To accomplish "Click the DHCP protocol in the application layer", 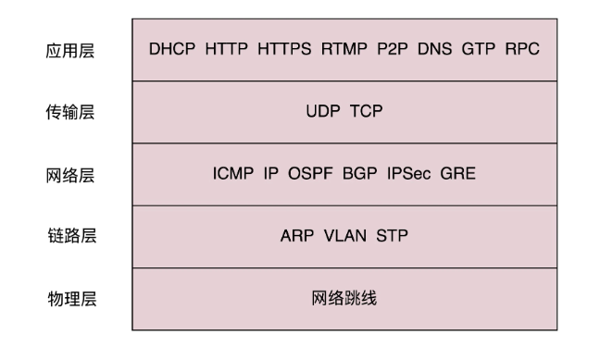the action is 172,49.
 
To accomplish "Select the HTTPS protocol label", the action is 284,49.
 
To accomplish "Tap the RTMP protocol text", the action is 344,49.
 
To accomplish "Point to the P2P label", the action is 393,49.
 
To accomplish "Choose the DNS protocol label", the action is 434,49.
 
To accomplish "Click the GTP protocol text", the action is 479,49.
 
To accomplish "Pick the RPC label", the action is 522,49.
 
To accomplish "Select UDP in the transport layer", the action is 323,111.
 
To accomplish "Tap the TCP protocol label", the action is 366,111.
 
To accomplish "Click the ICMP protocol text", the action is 233,174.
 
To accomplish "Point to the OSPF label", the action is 310,174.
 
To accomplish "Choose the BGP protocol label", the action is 359,174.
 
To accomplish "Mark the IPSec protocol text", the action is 408,174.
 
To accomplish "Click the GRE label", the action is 458,174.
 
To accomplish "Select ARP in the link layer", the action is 297,236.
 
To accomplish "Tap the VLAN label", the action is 345,236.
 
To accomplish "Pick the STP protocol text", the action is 393,236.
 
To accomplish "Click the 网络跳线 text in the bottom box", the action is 344,298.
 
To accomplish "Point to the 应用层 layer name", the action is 70,51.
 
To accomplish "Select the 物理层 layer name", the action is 72,299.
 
